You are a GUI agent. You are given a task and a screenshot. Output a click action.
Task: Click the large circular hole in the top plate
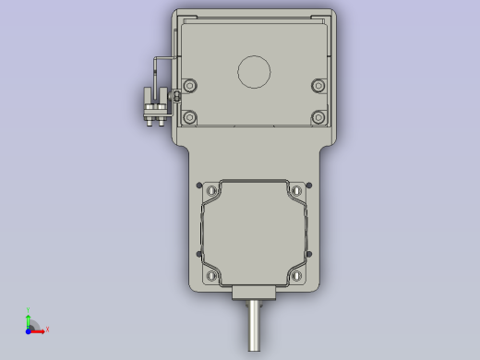(x=254, y=71)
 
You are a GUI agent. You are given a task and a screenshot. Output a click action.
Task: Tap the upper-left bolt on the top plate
(x=190, y=86)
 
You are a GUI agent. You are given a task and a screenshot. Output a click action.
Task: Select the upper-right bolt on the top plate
(x=318, y=86)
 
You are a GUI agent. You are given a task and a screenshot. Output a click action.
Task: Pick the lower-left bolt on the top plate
(x=190, y=117)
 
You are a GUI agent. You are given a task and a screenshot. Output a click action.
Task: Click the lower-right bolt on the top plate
(x=318, y=117)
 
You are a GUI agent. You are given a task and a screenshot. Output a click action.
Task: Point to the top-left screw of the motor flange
(x=212, y=190)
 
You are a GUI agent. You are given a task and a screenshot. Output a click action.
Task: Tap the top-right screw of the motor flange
(x=296, y=190)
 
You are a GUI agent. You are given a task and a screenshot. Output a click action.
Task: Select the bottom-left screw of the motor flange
(x=212, y=275)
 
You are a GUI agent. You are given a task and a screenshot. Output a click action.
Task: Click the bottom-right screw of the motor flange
(x=296, y=275)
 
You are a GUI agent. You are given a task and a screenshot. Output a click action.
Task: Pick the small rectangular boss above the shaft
(x=254, y=294)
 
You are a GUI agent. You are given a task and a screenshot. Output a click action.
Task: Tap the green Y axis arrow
(x=29, y=318)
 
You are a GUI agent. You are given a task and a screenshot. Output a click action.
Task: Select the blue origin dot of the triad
(x=29, y=329)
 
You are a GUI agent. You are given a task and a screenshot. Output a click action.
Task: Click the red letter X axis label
(x=47, y=329)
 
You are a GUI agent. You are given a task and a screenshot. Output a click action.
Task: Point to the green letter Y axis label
(x=29, y=310)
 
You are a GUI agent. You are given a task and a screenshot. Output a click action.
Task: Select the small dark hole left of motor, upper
(x=198, y=185)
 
